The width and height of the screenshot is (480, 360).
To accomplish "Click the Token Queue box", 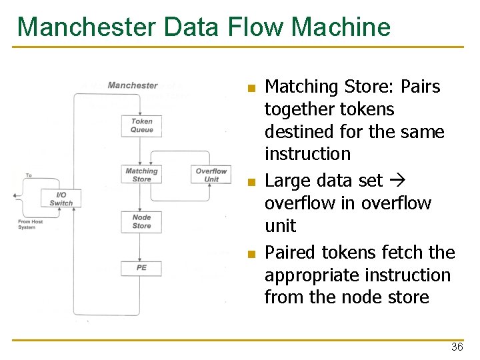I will tap(141, 126).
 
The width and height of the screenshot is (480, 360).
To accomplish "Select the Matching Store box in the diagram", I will tap(141, 175).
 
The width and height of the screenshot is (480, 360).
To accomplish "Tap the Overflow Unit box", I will tap(211, 175).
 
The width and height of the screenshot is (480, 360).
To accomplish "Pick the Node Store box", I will tap(141, 222).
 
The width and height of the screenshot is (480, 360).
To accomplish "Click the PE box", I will tap(141, 268).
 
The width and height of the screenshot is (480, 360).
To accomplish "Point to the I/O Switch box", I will tap(61, 199).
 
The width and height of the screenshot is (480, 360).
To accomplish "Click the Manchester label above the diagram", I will tap(133, 85).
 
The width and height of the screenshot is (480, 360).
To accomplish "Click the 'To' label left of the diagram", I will tap(29, 175).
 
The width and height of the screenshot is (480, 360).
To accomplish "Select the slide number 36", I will tap(457, 347).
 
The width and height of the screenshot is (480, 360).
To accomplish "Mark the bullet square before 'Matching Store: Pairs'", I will tap(251, 88).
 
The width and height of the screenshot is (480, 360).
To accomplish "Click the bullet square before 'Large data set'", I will tap(251, 181).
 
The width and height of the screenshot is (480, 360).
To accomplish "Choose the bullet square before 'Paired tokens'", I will tap(251, 254).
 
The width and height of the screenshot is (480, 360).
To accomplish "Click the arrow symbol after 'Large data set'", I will tap(394, 181).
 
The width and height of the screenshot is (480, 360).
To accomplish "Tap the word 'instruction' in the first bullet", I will tap(307, 154).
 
